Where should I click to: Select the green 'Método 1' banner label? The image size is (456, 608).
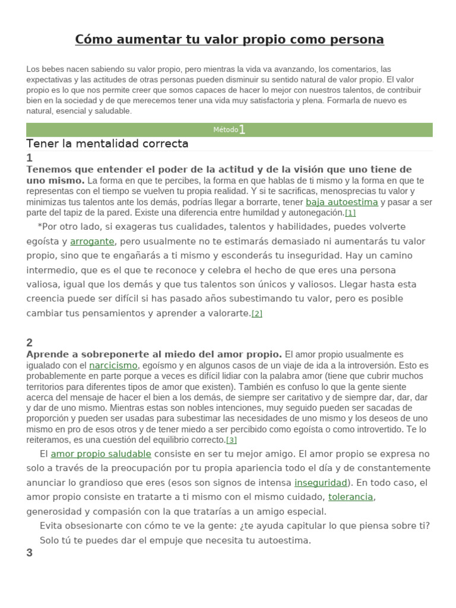[x=229, y=129]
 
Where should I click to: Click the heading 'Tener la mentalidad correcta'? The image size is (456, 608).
[x=107, y=144]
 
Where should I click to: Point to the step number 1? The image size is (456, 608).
[x=30, y=158]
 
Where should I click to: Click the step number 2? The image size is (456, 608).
[x=30, y=343]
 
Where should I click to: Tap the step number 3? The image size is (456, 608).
[x=30, y=553]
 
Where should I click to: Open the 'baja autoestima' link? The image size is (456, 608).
[x=341, y=202]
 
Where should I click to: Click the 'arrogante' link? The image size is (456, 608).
[x=92, y=242]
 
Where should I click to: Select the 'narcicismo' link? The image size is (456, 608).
[x=113, y=366]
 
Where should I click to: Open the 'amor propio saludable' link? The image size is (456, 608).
[x=101, y=454]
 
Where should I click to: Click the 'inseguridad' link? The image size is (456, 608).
[x=321, y=483]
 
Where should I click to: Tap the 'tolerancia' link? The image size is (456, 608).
[x=350, y=497]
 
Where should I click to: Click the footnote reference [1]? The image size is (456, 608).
[x=350, y=213]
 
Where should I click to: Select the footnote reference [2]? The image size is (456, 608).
[x=256, y=314]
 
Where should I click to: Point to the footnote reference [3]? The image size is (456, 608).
[x=232, y=440]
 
